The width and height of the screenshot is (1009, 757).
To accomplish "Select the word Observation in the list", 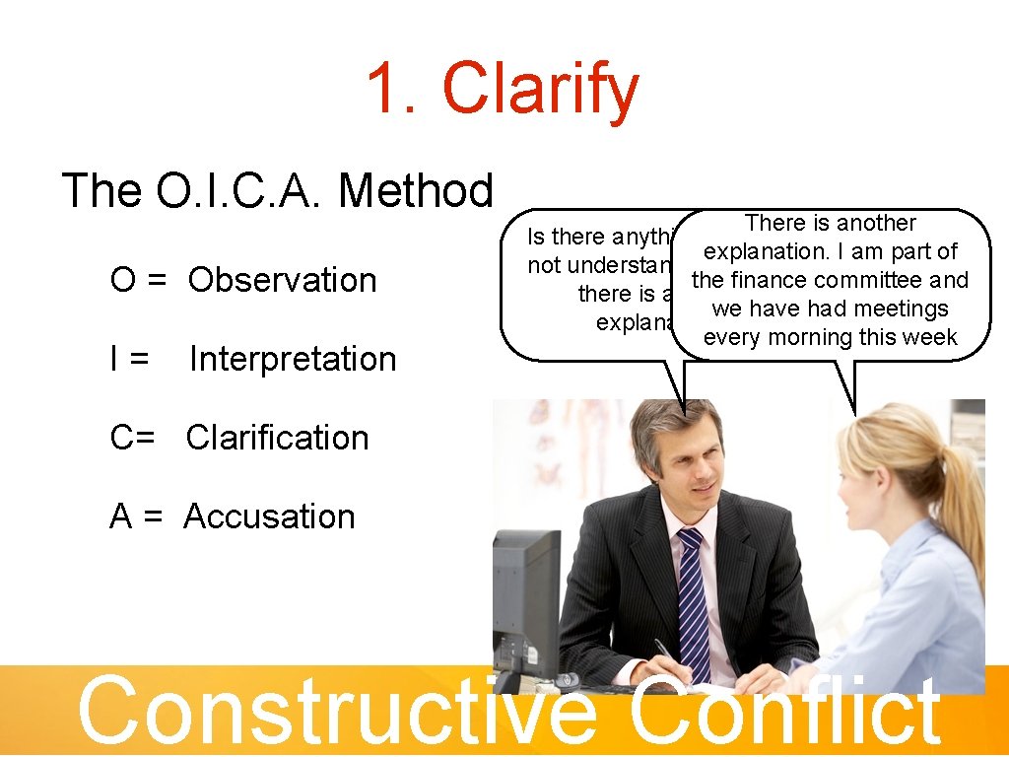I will [x=283, y=280].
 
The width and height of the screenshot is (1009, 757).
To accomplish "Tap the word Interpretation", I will [x=293, y=359].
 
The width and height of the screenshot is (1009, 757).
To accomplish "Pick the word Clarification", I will [x=277, y=438].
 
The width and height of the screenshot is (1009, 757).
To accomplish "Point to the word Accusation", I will [x=269, y=516].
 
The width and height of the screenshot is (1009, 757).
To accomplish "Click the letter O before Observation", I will [x=123, y=280].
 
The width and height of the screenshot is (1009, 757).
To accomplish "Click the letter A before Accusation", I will [x=120, y=516].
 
